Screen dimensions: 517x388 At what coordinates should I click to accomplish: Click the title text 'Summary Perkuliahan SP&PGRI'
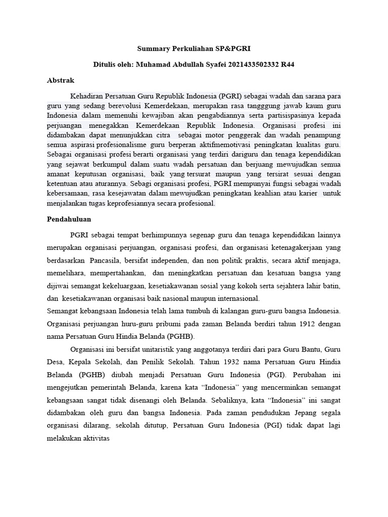tap(193, 49)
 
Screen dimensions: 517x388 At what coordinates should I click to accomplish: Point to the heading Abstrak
tap(61, 80)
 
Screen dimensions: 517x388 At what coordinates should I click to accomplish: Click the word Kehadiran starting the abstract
tap(87, 96)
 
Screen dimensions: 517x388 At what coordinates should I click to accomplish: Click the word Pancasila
tap(107, 261)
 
